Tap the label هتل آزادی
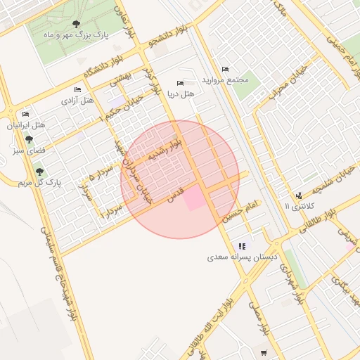click(x=79, y=101)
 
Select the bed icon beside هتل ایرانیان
click(x=26, y=115)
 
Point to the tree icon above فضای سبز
click(x=29, y=140)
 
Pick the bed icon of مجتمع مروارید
click(x=225, y=69)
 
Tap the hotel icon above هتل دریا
click(x=181, y=82)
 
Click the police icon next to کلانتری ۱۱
click(x=299, y=195)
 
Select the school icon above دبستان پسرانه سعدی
click(x=243, y=246)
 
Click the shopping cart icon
click(x=264, y=353)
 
